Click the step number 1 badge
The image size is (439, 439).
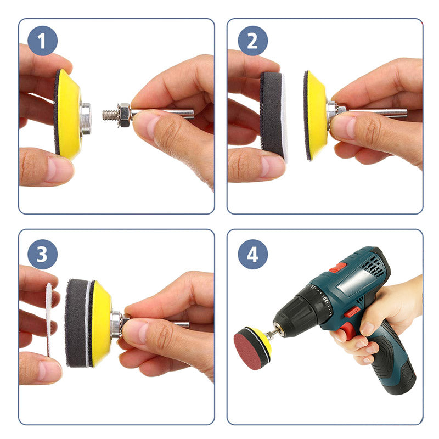click(43, 41)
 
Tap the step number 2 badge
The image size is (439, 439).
click(252, 41)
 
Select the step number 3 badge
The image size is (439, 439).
click(43, 254)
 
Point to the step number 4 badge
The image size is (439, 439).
click(252, 254)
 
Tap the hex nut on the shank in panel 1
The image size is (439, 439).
click(124, 115)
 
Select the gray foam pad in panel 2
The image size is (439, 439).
click(272, 117)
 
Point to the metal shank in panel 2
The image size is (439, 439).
click(376, 112)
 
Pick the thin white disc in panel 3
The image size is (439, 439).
click(49, 319)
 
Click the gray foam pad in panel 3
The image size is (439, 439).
click(77, 323)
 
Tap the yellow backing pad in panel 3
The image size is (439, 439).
click(102, 323)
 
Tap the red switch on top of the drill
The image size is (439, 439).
click(337, 268)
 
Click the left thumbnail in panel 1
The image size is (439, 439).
click(59, 169)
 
